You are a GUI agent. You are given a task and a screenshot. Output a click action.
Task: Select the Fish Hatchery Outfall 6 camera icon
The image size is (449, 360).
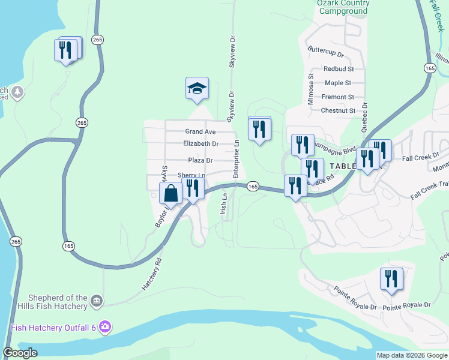106,327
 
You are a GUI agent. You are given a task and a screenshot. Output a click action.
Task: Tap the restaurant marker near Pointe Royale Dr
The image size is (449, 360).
391,279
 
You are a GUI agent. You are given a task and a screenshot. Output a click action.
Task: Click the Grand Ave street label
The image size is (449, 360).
200,131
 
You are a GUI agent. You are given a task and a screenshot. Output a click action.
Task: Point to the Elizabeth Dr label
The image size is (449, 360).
200,144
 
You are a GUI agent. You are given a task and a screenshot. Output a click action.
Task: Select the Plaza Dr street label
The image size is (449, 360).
200,161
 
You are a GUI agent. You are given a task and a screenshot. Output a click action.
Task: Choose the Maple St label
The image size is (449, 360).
338,83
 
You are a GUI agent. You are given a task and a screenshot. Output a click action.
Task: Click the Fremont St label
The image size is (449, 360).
337,97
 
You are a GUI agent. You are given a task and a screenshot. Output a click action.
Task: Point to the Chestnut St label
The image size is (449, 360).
338,110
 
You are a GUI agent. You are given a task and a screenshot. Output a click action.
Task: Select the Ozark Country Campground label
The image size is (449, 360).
343,7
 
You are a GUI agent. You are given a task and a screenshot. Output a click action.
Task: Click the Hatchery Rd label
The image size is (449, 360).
152,275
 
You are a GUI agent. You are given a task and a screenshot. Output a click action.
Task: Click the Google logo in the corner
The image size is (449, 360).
20,353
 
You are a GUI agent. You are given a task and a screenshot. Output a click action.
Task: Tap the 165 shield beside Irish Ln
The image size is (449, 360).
253,187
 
